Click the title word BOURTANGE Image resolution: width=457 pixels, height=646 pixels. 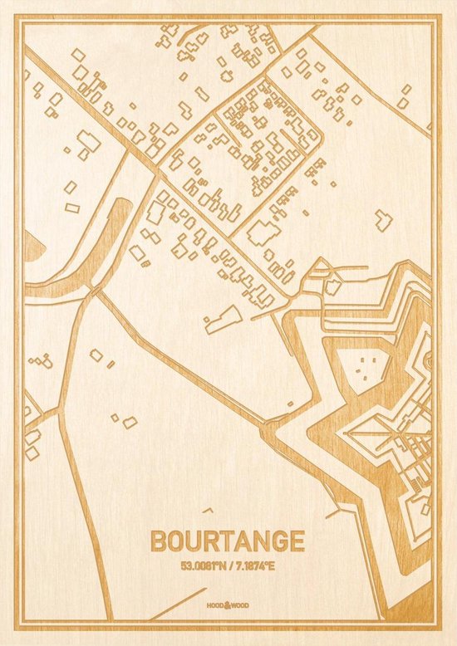[227, 541]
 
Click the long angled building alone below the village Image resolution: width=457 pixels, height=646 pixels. [223, 319]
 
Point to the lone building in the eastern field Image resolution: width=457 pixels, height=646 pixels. [382, 219]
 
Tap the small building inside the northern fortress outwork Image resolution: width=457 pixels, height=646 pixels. [332, 287]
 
